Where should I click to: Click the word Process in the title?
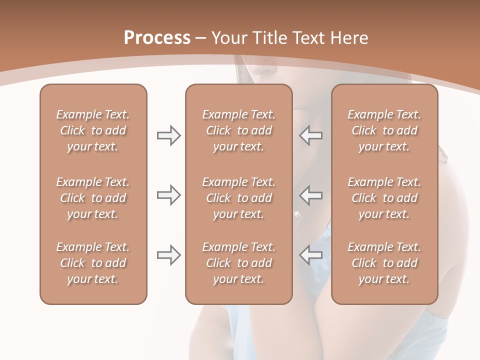coord(157,38)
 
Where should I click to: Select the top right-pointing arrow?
coord(168,135)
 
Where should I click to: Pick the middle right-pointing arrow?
coord(168,195)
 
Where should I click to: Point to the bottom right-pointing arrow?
coord(168,255)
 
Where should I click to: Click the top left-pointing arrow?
coord(311,135)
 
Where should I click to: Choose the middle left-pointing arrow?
coord(311,195)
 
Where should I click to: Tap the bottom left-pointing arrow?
coord(311,255)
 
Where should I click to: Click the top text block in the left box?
coord(93,130)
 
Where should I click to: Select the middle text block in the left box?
coord(93,198)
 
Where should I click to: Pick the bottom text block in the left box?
coord(93,263)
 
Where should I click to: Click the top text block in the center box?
coord(238,130)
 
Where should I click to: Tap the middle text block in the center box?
coord(238,198)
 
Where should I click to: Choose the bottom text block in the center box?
coord(238,263)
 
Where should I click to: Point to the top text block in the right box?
coord(384,130)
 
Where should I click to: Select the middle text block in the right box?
coord(384,198)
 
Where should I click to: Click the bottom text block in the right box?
coord(384,263)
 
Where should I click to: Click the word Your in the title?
coord(228,38)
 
